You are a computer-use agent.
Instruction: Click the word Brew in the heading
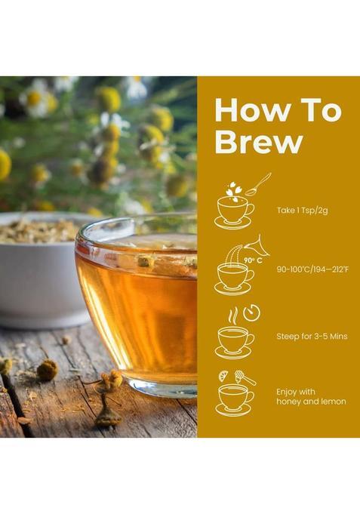tap(248, 141)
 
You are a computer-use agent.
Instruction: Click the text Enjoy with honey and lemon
tap(311, 397)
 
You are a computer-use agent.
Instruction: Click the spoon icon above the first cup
tap(257, 183)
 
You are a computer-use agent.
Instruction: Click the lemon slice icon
tap(224, 376)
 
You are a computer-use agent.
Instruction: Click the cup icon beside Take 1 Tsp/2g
tap(234, 211)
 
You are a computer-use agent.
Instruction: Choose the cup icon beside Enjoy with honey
tap(234, 398)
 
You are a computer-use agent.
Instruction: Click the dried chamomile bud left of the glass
tap(48, 369)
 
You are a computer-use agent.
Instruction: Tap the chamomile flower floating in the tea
tap(146, 260)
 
